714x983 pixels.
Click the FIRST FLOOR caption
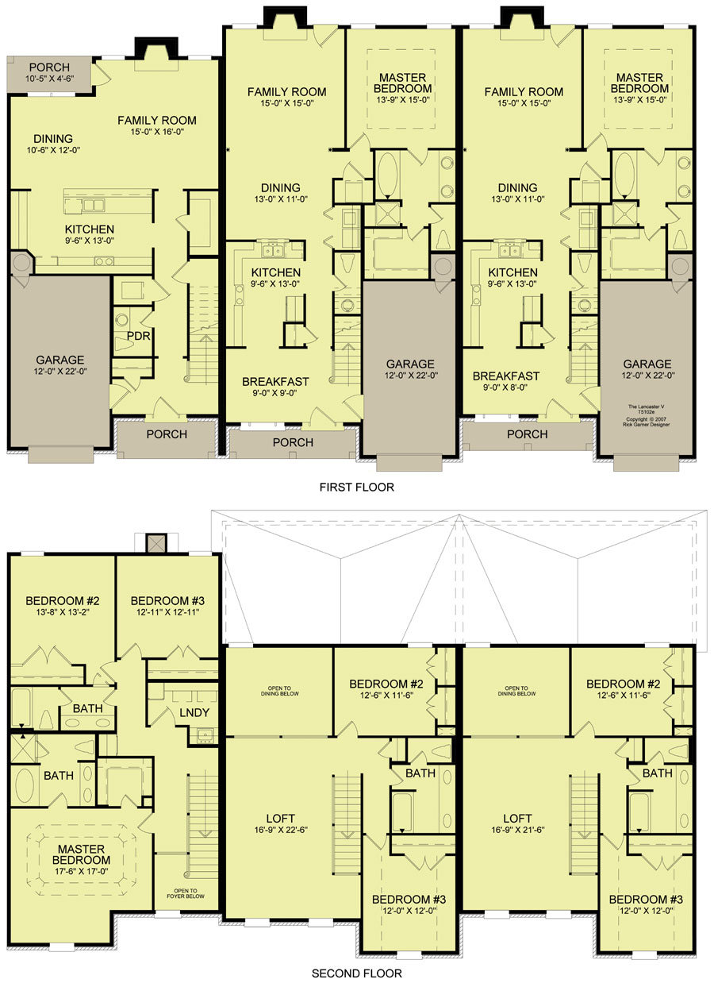coord(356,487)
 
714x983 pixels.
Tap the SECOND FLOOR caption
coord(356,973)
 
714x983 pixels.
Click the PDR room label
coord(139,336)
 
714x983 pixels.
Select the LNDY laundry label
coord(194,713)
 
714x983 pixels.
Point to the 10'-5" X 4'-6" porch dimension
coord(49,79)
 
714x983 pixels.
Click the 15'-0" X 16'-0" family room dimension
coord(156,132)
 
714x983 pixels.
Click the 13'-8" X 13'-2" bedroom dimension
coord(63,612)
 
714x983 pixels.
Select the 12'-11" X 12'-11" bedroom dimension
coord(167,612)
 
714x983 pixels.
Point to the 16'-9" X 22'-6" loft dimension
coord(281,830)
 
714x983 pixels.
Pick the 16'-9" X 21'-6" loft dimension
coord(518,830)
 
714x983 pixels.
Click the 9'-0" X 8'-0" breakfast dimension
coord(505,387)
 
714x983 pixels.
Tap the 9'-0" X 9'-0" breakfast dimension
coord(275,393)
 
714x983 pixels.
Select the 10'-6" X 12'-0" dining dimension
coord(53,150)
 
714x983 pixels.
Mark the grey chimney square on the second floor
coord(156,543)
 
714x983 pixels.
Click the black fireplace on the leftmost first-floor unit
coord(156,48)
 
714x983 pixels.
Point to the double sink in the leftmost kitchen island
coord(93,205)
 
